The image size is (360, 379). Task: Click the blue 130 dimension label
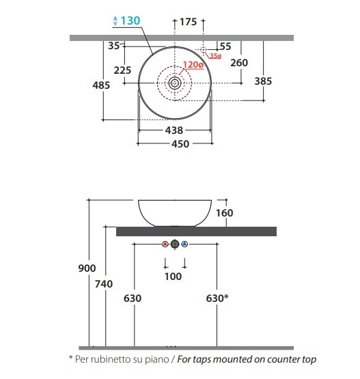[130, 20]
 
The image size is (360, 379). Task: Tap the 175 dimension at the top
[188, 22]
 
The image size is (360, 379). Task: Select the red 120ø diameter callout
[193, 65]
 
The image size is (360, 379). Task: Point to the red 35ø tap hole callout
[215, 56]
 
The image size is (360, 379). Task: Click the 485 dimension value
[101, 85]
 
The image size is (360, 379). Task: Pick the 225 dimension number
[122, 70]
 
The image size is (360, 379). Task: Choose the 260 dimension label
[239, 63]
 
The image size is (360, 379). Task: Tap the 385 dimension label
[263, 81]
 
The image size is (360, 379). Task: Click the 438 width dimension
[174, 130]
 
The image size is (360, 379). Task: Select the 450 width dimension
[180, 144]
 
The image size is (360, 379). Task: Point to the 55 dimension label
[225, 46]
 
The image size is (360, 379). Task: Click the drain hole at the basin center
[175, 83]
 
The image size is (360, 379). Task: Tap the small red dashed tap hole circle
[203, 50]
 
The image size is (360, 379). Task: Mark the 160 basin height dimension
[224, 213]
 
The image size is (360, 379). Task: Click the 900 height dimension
[87, 268]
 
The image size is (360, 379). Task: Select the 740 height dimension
[104, 284]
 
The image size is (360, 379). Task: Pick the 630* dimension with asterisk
[217, 298]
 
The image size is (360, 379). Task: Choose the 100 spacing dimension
[173, 277]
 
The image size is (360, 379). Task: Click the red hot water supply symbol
[165, 244]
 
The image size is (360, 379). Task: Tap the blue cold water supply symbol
[184, 244]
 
